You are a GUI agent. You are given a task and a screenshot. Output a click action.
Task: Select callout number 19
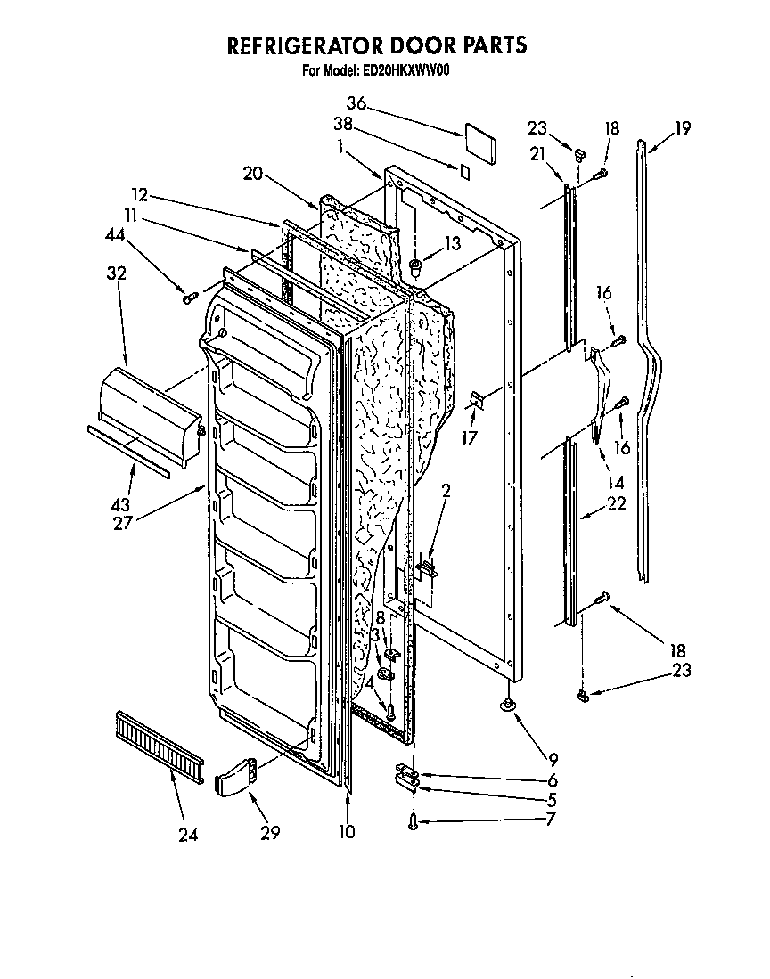coord(682,128)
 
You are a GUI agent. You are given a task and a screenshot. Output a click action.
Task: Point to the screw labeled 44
coord(189,298)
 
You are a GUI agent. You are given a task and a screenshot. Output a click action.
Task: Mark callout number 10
coord(347,832)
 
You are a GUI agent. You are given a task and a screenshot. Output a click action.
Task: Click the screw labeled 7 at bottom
coord(413,824)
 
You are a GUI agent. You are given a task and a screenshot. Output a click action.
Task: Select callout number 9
coord(553,760)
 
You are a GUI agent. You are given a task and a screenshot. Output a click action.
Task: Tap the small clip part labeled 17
coord(476,403)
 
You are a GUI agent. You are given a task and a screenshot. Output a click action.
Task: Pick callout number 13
coord(453,244)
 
